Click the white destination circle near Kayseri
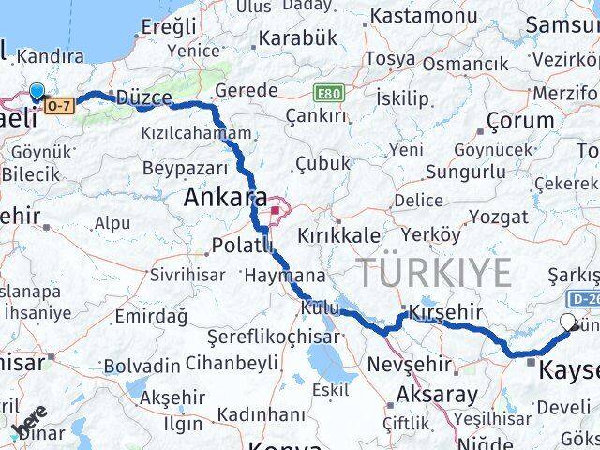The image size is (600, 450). point(567,322)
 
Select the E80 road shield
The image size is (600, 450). point(328,94)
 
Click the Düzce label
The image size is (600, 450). point(142,97)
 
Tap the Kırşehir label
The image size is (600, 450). point(445,312)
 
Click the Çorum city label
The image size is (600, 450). point(521,120)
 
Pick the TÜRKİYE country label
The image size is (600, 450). point(435,272)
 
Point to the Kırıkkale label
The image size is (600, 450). point(340,234)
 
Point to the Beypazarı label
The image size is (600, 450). point(186,169)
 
